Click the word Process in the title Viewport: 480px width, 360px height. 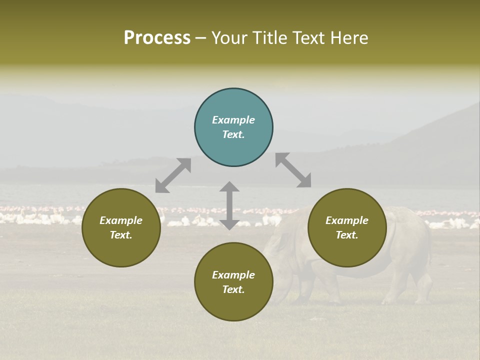pyautogui.click(x=157, y=38)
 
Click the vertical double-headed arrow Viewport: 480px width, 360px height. pyautogui.click(x=229, y=205)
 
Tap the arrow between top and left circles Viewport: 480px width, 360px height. pyautogui.click(x=173, y=175)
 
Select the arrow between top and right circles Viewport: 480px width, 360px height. pyautogui.click(x=293, y=170)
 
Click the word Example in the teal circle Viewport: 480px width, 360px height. pyautogui.click(x=233, y=120)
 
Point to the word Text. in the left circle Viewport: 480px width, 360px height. pyautogui.click(x=121, y=235)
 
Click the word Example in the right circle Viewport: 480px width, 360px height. pyautogui.click(x=347, y=220)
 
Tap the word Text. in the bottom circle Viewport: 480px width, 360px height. pyautogui.click(x=233, y=289)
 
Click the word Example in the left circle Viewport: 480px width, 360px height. pyautogui.click(x=121, y=220)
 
